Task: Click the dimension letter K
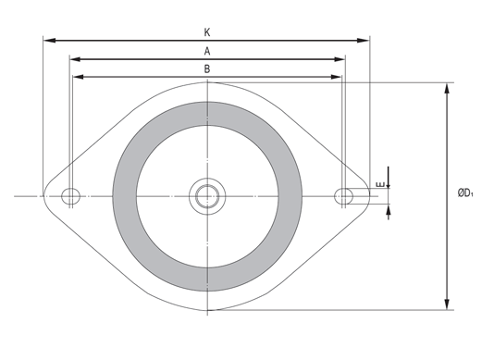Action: (207, 31)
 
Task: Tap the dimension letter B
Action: (207, 68)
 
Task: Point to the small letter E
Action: (380, 188)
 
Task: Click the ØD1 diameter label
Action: (466, 193)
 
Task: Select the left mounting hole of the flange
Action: (70, 195)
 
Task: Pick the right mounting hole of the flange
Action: (344, 195)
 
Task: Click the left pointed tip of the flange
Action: (45, 195)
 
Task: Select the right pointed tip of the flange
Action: (369, 195)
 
